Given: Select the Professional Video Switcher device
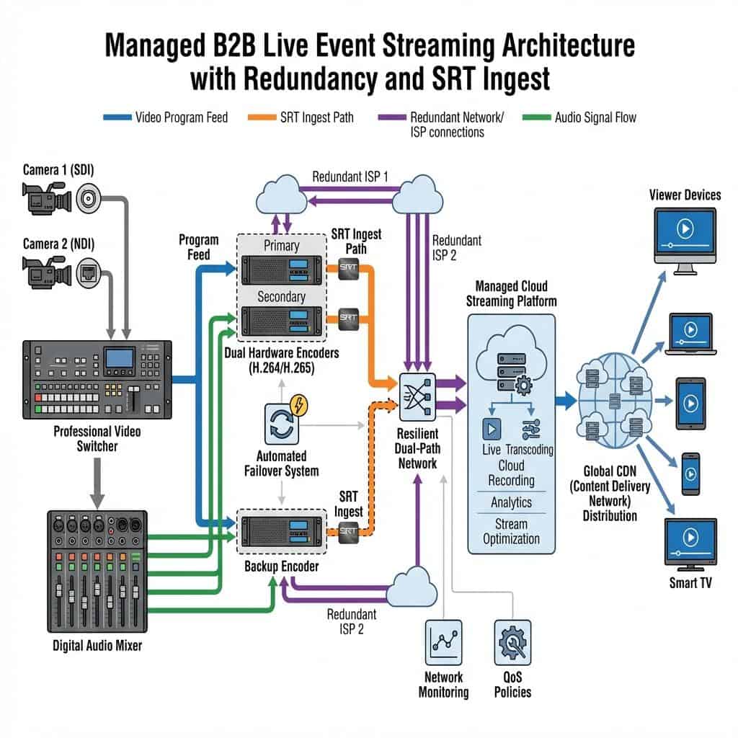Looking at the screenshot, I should pyautogui.click(x=97, y=380).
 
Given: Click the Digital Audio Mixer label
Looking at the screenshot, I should pyautogui.click(x=97, y=646).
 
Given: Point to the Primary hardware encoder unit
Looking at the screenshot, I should pyautogui.click(x=281, y=270).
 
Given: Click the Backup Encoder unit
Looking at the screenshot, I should pyautogui.click(x=281, y=533).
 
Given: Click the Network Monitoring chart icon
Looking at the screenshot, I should pyautogui.click(x=443, y=641).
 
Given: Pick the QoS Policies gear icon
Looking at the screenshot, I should pyautogui.click(x=512, y=641).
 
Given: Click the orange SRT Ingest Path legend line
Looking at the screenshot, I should pyautogui.click(x=262, y=117).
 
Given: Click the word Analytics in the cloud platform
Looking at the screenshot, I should pyautogui.click(x=511, y=502).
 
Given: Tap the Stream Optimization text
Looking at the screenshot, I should pyautogui.click(x=511, y=531).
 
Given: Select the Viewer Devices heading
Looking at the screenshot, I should pyautogui.click(x=684, y=195).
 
